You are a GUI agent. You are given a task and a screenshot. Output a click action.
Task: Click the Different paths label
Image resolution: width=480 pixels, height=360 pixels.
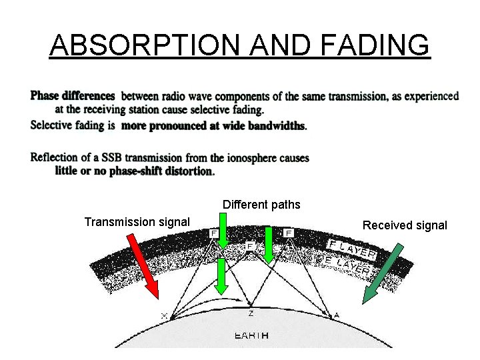pyautogui.click(x=261, y=205)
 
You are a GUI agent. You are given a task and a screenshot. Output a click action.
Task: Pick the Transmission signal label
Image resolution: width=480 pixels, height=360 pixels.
pyautogui.click(x=137, y=221)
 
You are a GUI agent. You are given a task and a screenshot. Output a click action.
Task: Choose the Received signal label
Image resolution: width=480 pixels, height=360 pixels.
pyautogui.click(x=405, y=225)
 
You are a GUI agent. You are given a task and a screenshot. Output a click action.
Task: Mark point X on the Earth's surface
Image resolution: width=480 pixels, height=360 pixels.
pyautogui.click(x=165, y=315)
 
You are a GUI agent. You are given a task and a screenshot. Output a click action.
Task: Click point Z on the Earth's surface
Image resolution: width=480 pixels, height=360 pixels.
pyautogui.click(x=251, y=313)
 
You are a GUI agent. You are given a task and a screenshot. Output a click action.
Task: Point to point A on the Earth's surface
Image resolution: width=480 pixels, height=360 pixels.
pyautogui.click(x=337, y=315)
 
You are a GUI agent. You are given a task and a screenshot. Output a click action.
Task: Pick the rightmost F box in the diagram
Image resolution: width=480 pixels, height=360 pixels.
pyautogui.click(x=289, y=233)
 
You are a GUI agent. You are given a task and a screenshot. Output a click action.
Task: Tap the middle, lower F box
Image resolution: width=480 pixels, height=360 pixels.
pyautogui.click(x=250, y=246)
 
